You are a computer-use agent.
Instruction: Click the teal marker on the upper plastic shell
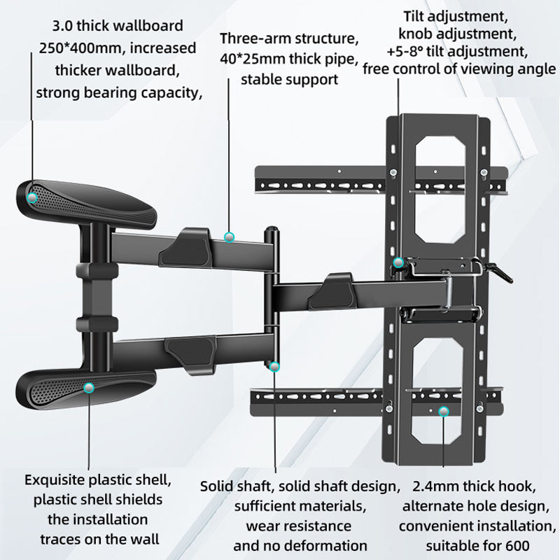(31, 198)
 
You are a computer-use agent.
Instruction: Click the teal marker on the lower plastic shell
(89, 387)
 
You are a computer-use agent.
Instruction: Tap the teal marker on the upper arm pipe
(229, 237)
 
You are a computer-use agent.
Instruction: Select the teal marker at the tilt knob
(398, 263)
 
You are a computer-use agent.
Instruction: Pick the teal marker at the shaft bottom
(274, 366)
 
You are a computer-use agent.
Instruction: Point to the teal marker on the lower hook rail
(442, 412)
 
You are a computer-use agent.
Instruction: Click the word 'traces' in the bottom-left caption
(58, 539)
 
